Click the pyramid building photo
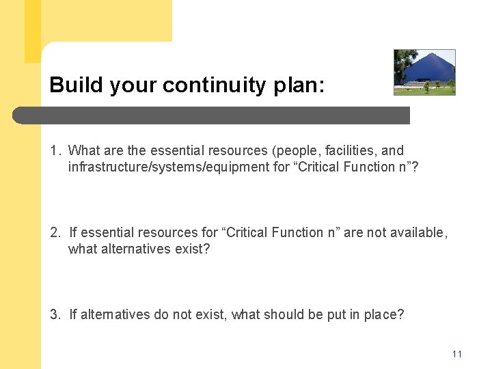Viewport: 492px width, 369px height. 424,72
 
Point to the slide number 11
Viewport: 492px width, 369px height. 457,354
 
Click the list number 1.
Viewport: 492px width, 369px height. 55,150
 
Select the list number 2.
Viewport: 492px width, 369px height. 55,232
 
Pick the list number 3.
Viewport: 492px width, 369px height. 55,314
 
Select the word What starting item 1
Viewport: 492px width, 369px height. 84,150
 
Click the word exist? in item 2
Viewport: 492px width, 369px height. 192,249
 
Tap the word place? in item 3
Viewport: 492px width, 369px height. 385,314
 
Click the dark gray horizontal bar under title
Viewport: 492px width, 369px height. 212,115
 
